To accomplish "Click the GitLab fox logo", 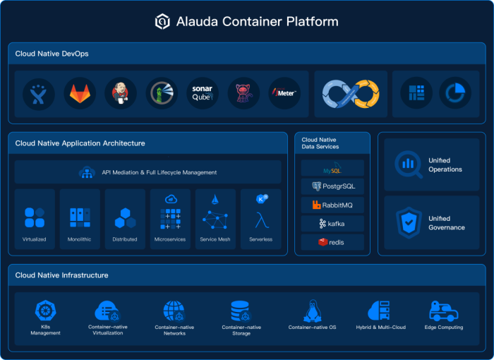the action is [x=80, y=93].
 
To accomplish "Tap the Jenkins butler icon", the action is [x=121, y=93].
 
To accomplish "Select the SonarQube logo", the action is [x=203, y=93].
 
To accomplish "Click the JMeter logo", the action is [x=284, y=93].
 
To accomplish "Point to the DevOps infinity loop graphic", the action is [x=351, y=94].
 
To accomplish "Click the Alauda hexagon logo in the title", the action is [x=162, y=21].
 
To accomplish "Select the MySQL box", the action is [x=332, y=168].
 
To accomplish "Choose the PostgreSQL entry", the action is [x=332, y=186].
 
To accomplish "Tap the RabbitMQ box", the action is [x=332, y=205].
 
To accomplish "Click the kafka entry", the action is [x=332, y=224].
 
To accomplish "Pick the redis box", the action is [x=332, y=242].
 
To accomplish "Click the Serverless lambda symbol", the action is [x=262, y=220].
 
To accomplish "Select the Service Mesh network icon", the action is [x=215, y=220].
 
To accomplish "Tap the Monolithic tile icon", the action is [x=80, y=217].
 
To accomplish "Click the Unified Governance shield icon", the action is [x=409, y=222].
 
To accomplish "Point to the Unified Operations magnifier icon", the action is [x=409, y=164].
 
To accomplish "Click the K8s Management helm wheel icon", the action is [x=46, y=311].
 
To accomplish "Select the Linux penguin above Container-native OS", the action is [x=313, y=311].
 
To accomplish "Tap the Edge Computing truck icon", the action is [x=444, y=311].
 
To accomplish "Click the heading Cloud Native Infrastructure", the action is [x=62, y=275].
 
